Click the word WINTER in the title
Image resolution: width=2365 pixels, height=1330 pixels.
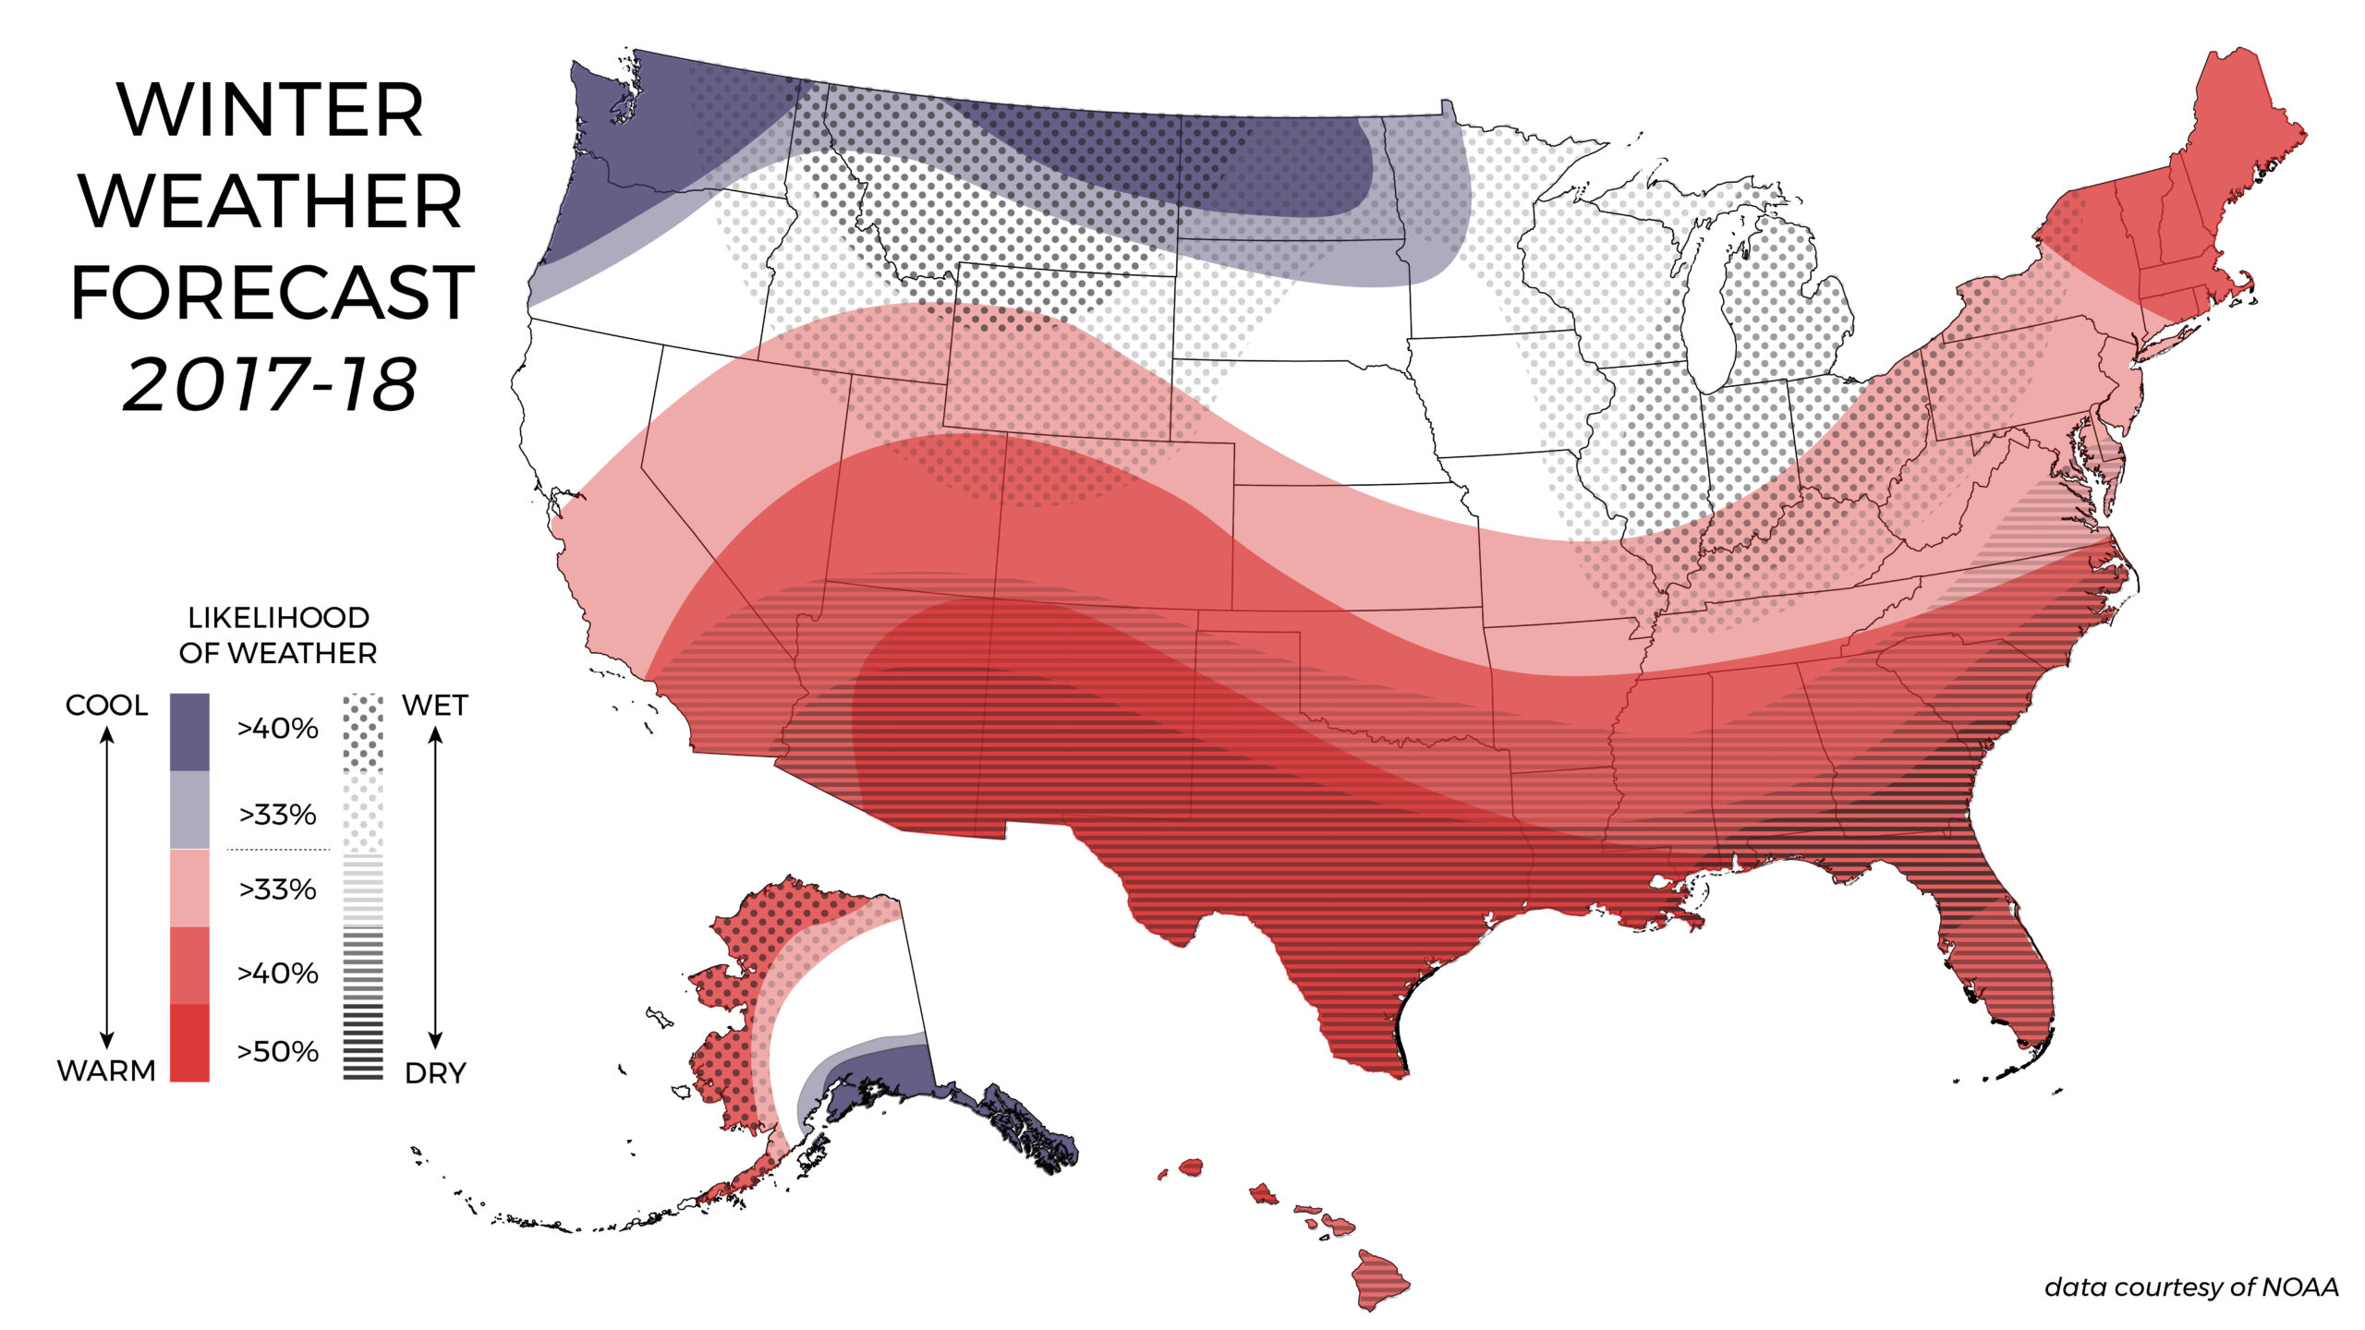pos(271,111)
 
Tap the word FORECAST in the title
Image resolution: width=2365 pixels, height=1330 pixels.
pos(273,293)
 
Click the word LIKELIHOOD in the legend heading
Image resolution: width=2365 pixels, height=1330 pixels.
pos(278,617)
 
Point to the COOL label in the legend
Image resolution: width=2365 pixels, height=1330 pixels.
pos(106,706)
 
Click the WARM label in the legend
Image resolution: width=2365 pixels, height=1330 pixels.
pos(106,1071)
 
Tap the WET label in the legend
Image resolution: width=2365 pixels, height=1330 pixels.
pos(435,706)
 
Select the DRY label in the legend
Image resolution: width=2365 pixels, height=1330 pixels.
pos(435,1073)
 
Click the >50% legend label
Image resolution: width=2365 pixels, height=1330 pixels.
pos(278,1051)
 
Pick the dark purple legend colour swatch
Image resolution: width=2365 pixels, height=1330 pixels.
pos(189,731)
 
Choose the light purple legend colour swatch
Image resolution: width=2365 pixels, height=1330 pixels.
pos(189,810)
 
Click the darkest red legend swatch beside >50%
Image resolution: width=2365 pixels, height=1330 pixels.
pos(189,1043)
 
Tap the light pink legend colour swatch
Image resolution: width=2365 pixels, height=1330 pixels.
pos(189,889)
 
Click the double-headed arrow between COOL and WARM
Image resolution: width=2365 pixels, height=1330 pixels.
pos(107,887)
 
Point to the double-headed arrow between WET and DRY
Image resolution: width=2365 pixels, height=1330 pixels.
pos(436,887)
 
